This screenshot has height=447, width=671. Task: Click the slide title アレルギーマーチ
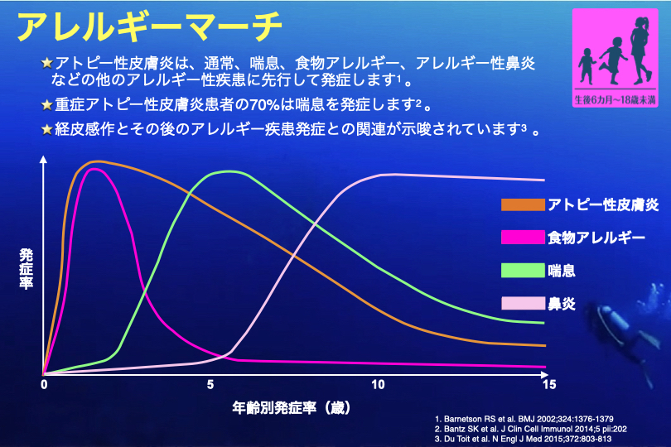click(x=149, y=26)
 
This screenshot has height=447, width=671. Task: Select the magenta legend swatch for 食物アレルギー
click(x=521, y=238)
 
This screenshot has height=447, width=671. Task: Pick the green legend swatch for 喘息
click(x=521, y=269)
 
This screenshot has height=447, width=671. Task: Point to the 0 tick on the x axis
click(x=44, y=386)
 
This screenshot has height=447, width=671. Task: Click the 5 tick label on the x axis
click(x=210, y=386)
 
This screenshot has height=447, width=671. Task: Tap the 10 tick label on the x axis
click(x=378, y=386)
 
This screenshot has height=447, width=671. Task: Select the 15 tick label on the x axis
click(x=546, y=386)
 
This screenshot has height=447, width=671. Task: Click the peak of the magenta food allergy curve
click(x=95, y=169)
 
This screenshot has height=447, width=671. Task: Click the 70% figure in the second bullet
click(x=241, y=105)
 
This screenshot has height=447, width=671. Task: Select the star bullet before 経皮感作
click(x=47, y=129)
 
